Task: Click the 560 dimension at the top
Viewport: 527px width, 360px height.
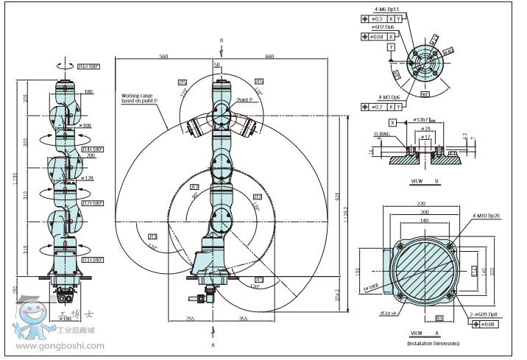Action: (x=163, y=56)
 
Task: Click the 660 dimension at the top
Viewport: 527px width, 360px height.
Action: (x=269, y=56)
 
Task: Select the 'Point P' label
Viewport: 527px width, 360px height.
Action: (x=246, y=99)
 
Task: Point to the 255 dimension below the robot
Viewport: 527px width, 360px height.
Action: (x=190, y=319)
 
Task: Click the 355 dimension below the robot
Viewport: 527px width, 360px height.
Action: (x=243, y=319)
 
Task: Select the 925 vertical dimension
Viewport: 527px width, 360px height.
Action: (x=337, y=199)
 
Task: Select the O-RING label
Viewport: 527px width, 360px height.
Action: (x=381, y=135)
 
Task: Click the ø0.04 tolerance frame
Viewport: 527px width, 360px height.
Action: (x=373, y=35)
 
